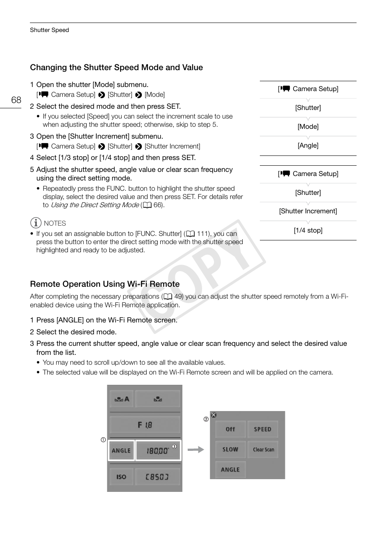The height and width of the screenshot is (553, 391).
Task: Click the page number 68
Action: (16, 100)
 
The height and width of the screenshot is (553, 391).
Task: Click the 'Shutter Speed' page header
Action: (49, 30)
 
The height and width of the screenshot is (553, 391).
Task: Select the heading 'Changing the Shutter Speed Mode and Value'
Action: (116, 68)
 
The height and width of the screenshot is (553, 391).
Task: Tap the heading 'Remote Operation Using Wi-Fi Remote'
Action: (105, 284)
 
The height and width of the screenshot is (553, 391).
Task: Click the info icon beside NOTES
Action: (36, 223)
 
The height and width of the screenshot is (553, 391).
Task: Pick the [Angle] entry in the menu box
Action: (308, 146)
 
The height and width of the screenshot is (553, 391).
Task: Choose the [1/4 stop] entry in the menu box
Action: (308, 231)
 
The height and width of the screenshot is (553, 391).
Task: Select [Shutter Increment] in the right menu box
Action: (308, 211)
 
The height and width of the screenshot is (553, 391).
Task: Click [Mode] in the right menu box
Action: (308, 127)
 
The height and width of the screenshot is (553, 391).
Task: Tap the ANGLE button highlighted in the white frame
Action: (121, 450)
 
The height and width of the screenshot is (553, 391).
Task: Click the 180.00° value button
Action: (158, 450)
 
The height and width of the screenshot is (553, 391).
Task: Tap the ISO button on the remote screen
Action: (121, 477)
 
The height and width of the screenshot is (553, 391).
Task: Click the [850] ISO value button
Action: (158, 477)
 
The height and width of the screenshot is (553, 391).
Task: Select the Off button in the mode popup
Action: (230, 429)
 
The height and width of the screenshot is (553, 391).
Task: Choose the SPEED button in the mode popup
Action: (263, 429)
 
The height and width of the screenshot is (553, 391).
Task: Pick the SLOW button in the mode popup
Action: (230, 449)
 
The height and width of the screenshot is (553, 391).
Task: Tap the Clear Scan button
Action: (263, 449)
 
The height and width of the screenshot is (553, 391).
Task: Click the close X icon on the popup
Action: (214, 415)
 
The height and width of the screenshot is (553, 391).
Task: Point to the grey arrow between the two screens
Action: (196, 450)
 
